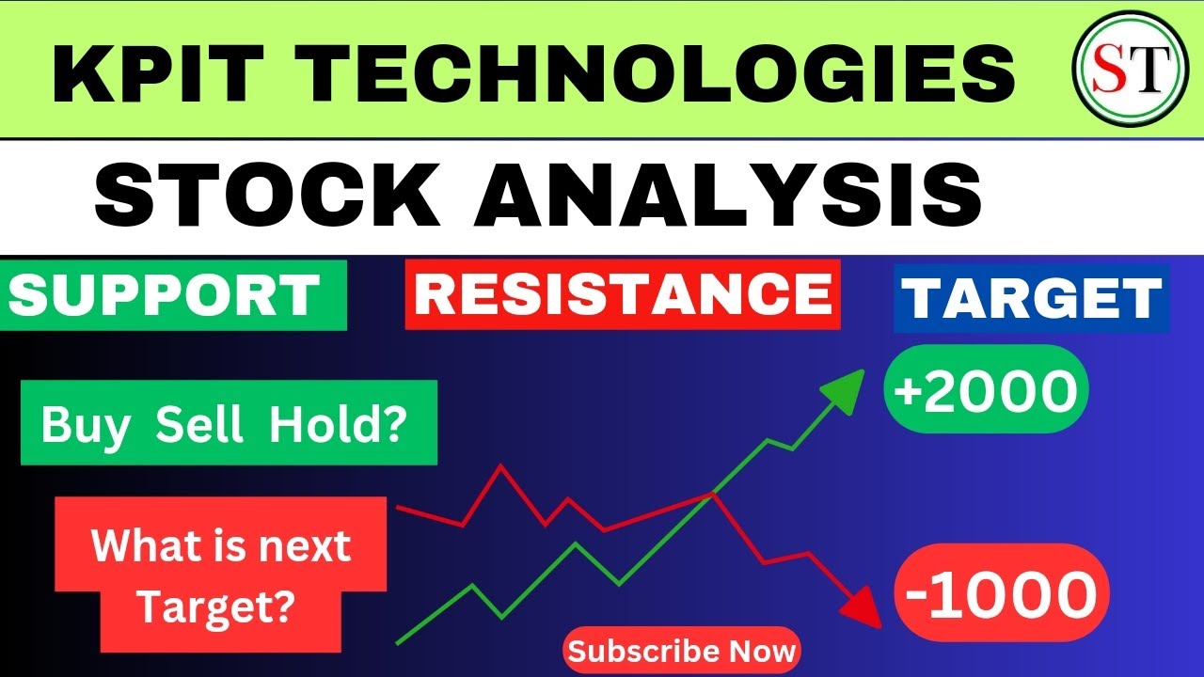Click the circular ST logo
(x=1117, y=72)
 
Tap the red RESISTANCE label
(x=623, y=295)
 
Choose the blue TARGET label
(x=1030, y=298)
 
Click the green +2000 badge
(x=985, y=389)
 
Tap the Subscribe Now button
(x=682, y=651)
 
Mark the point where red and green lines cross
(x=713, y=494)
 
